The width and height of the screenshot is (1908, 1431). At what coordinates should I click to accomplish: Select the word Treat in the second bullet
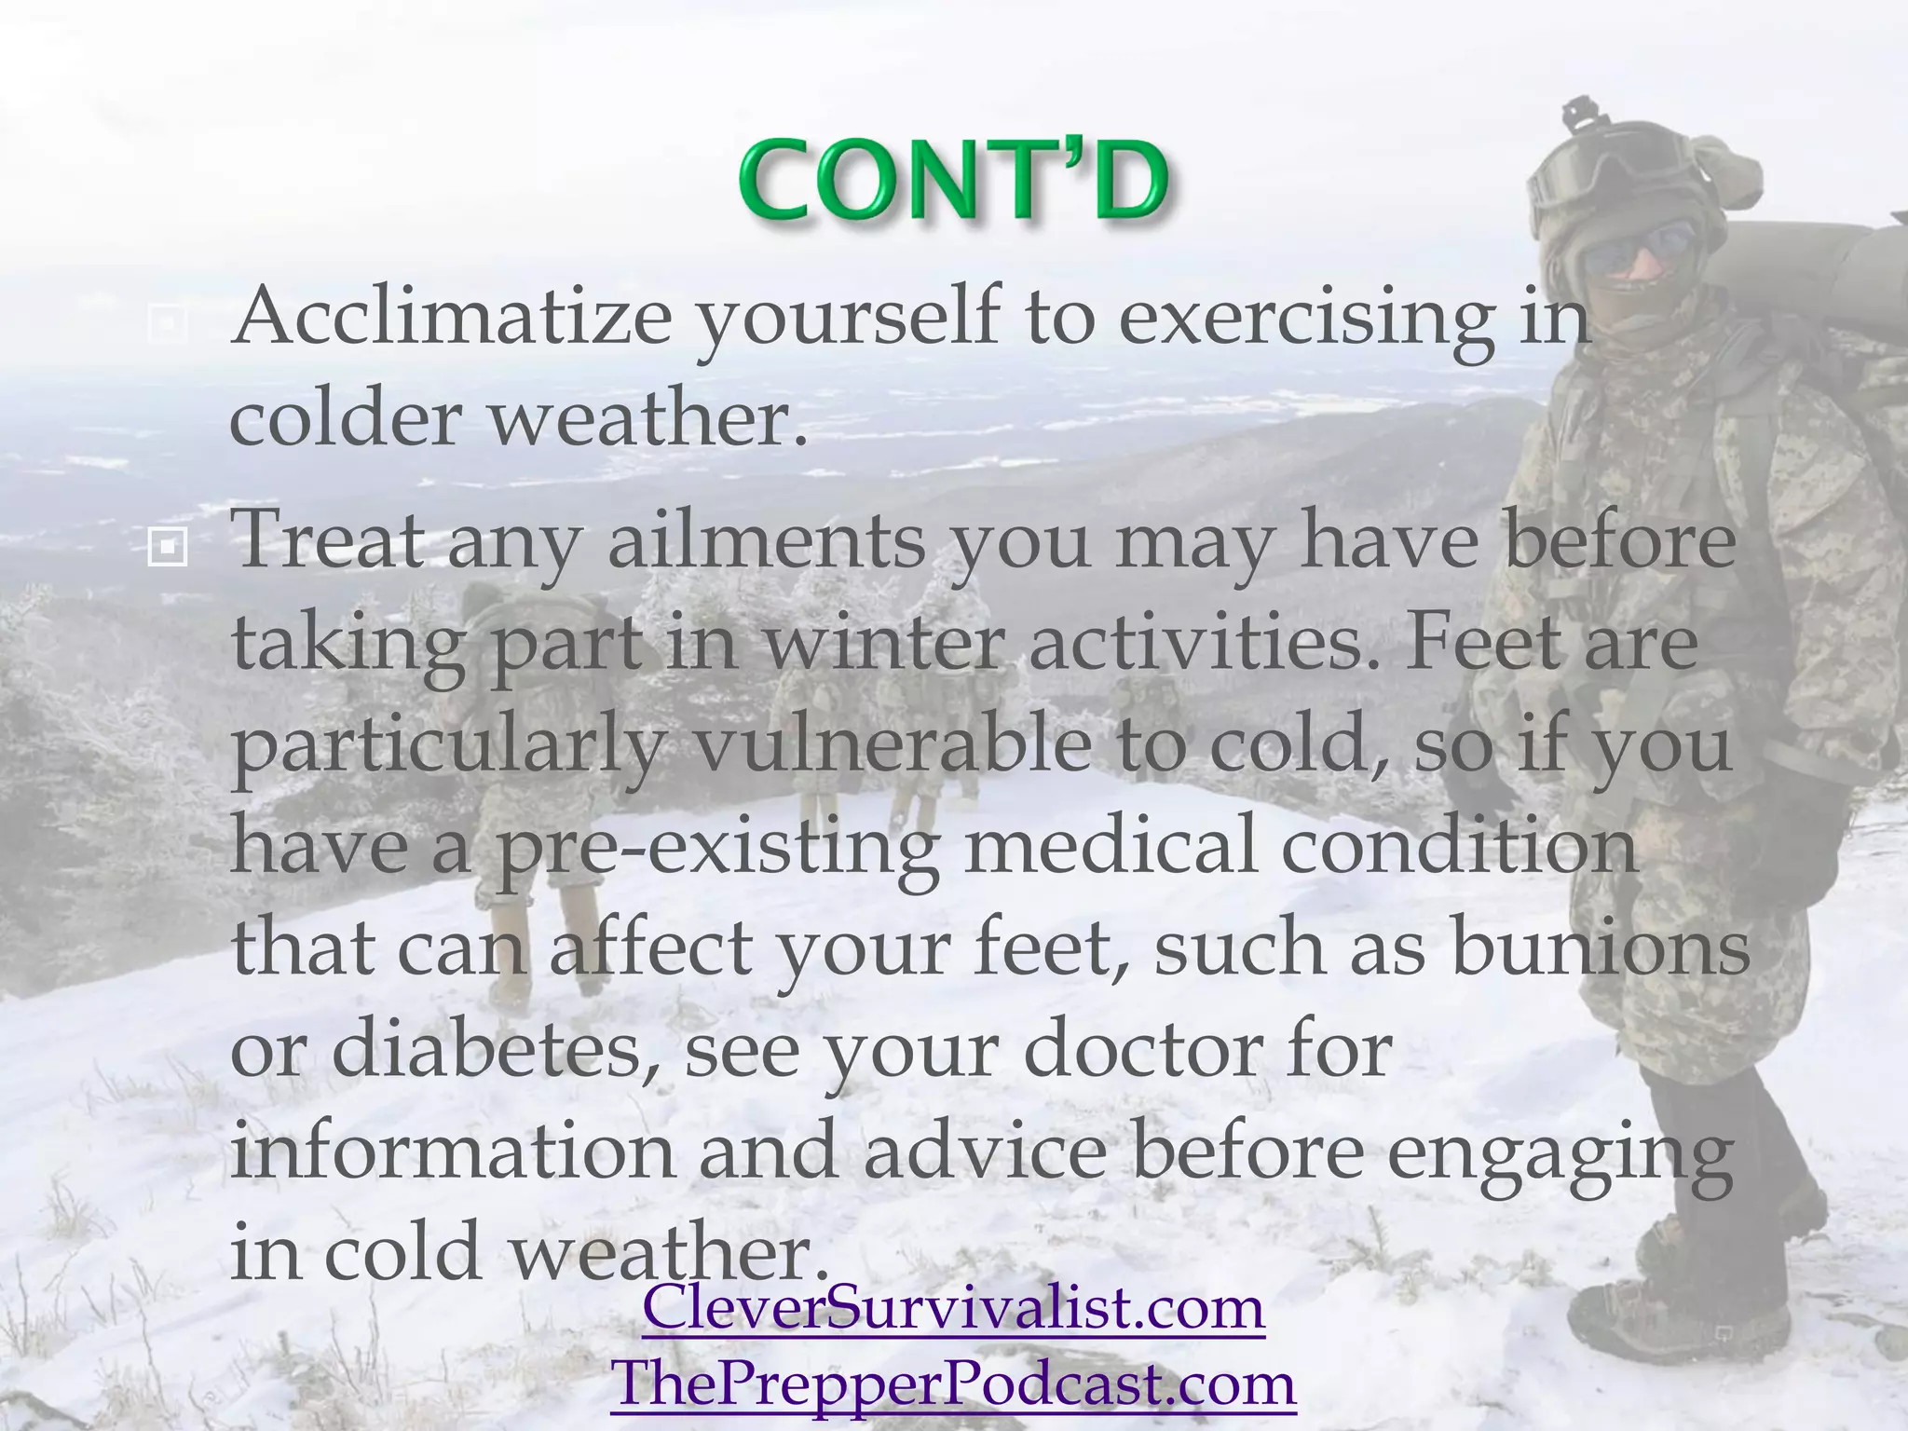[326, 541]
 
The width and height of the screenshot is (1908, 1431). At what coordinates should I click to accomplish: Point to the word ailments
[766, 541]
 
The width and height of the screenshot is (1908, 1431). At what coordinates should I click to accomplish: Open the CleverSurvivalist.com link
[953, 1307]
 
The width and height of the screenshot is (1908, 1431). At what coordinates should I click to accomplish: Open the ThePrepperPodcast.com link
[953, 1383]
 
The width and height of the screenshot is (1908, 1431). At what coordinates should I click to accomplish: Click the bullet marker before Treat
[168, 550]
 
